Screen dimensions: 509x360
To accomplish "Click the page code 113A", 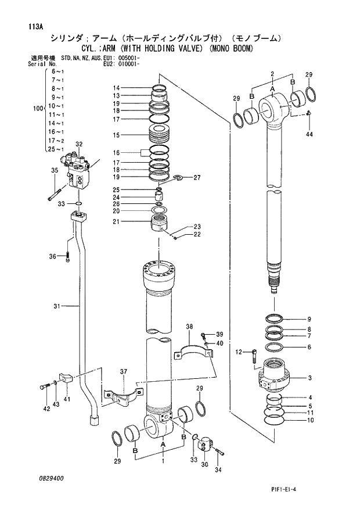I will (34, 26).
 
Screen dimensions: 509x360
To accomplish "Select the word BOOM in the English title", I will (241, 49).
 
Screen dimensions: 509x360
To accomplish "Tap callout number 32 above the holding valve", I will (79, 144).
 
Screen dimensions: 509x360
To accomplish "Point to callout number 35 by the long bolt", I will (54, 170).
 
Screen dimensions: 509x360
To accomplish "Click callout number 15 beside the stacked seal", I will (116, 135).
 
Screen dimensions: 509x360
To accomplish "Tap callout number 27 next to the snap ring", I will (197, 177).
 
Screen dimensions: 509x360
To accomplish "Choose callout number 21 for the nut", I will (116, 221).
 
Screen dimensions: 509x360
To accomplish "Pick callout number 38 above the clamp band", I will (189, 327).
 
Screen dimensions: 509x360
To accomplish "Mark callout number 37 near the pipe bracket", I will (123, 372).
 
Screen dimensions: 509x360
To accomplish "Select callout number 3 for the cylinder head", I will (309, 378).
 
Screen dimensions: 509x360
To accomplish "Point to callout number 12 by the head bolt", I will (239, 352).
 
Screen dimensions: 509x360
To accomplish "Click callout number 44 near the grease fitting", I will (309, 134).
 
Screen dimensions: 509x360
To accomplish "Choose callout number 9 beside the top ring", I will (309, 319).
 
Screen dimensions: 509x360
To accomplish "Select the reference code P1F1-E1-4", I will (284, 490).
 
